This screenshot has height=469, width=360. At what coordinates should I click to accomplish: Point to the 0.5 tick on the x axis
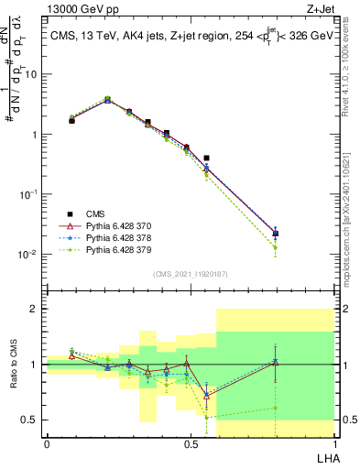point(191,444)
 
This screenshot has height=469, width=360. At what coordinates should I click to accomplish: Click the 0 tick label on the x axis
point(47,444)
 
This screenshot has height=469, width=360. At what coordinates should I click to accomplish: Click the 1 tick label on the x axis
point(334,444)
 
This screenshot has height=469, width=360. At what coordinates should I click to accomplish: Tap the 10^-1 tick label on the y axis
point(29,194)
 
